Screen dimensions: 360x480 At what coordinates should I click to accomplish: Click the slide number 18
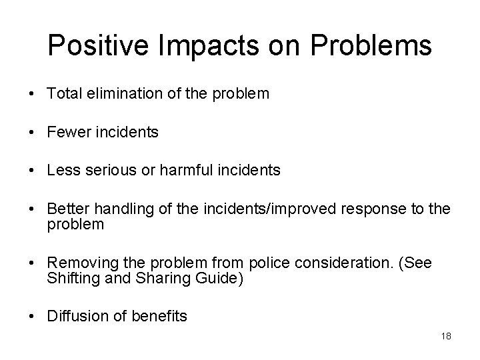(x=446, y=336)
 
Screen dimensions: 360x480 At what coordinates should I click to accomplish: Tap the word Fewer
(x=67, y=133)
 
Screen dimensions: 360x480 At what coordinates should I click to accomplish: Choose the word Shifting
(x=71, y=277)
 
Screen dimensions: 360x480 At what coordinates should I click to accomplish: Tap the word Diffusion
(x=73, y=316)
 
